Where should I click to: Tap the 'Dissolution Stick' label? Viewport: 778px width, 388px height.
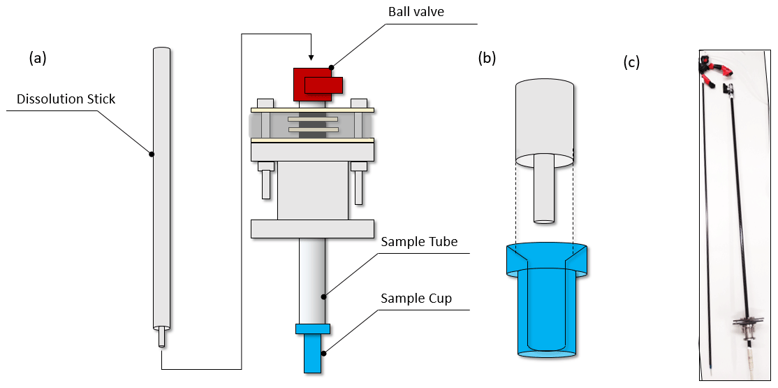pyautogui.click(x=66, y=99)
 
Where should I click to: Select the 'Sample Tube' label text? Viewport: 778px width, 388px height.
pyautogui.click(x=419, y=242)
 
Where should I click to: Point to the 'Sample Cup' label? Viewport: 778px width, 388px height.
pyautogui.click(x=416, y=299)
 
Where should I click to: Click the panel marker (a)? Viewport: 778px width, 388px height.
pyautogui.click(x=38, y=58)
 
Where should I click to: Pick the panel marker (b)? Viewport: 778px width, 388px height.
pyautogui.click(x=487, y=58)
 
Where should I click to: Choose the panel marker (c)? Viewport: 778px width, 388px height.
pyautogui.click(x=631, y=62)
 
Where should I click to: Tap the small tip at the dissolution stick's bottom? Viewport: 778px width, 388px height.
pyautogui.click(x=162, y=337)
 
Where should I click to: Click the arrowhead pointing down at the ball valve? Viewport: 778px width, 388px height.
pyautogui.click(x=311, y=57)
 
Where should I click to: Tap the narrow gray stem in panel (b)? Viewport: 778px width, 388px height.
pyautogui.click(x=544, y=189)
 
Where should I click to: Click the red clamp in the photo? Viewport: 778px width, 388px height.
pyautogui.click(x=715, y=71)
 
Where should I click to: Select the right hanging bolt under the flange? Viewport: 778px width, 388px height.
pyautogui.click(x=358, y=183)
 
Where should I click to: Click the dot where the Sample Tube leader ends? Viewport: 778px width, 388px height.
pyautogui.click(x=324, y=296)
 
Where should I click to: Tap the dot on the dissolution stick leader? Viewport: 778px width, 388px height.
pyautogui.click(x=152, y=153)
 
